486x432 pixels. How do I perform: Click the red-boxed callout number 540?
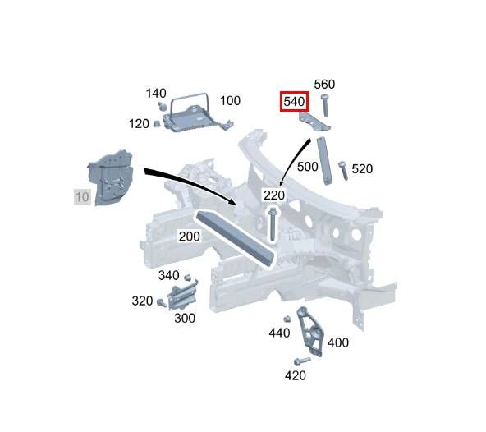tap(294, 101)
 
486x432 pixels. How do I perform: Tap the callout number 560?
tap(324, 84)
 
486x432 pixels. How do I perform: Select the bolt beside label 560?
tap(325, 105)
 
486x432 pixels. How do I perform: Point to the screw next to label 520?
tap(343, 170)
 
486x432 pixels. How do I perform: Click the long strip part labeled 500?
tap(324, 160)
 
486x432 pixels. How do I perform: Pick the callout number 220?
tap(274, 195)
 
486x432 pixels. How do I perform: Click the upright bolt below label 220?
tap(273, 223)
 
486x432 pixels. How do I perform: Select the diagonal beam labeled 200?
tap(236, 238)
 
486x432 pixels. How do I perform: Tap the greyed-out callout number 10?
tap(82, 197)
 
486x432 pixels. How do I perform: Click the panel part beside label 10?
tap(111, 177)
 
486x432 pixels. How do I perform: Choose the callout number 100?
tap(230, 100)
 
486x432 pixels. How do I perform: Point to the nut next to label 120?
tap(157, 124)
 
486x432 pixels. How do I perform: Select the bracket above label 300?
tap(183, 295)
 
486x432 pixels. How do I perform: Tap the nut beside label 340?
tap(187, 278)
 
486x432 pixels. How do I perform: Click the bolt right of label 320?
tap(162, 302)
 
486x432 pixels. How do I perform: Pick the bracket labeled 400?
tap(310, 332)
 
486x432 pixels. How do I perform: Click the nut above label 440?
tap(287, 319)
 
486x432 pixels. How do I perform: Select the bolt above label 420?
tap(301, 361)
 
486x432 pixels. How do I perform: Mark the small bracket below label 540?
tap(314, 122)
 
